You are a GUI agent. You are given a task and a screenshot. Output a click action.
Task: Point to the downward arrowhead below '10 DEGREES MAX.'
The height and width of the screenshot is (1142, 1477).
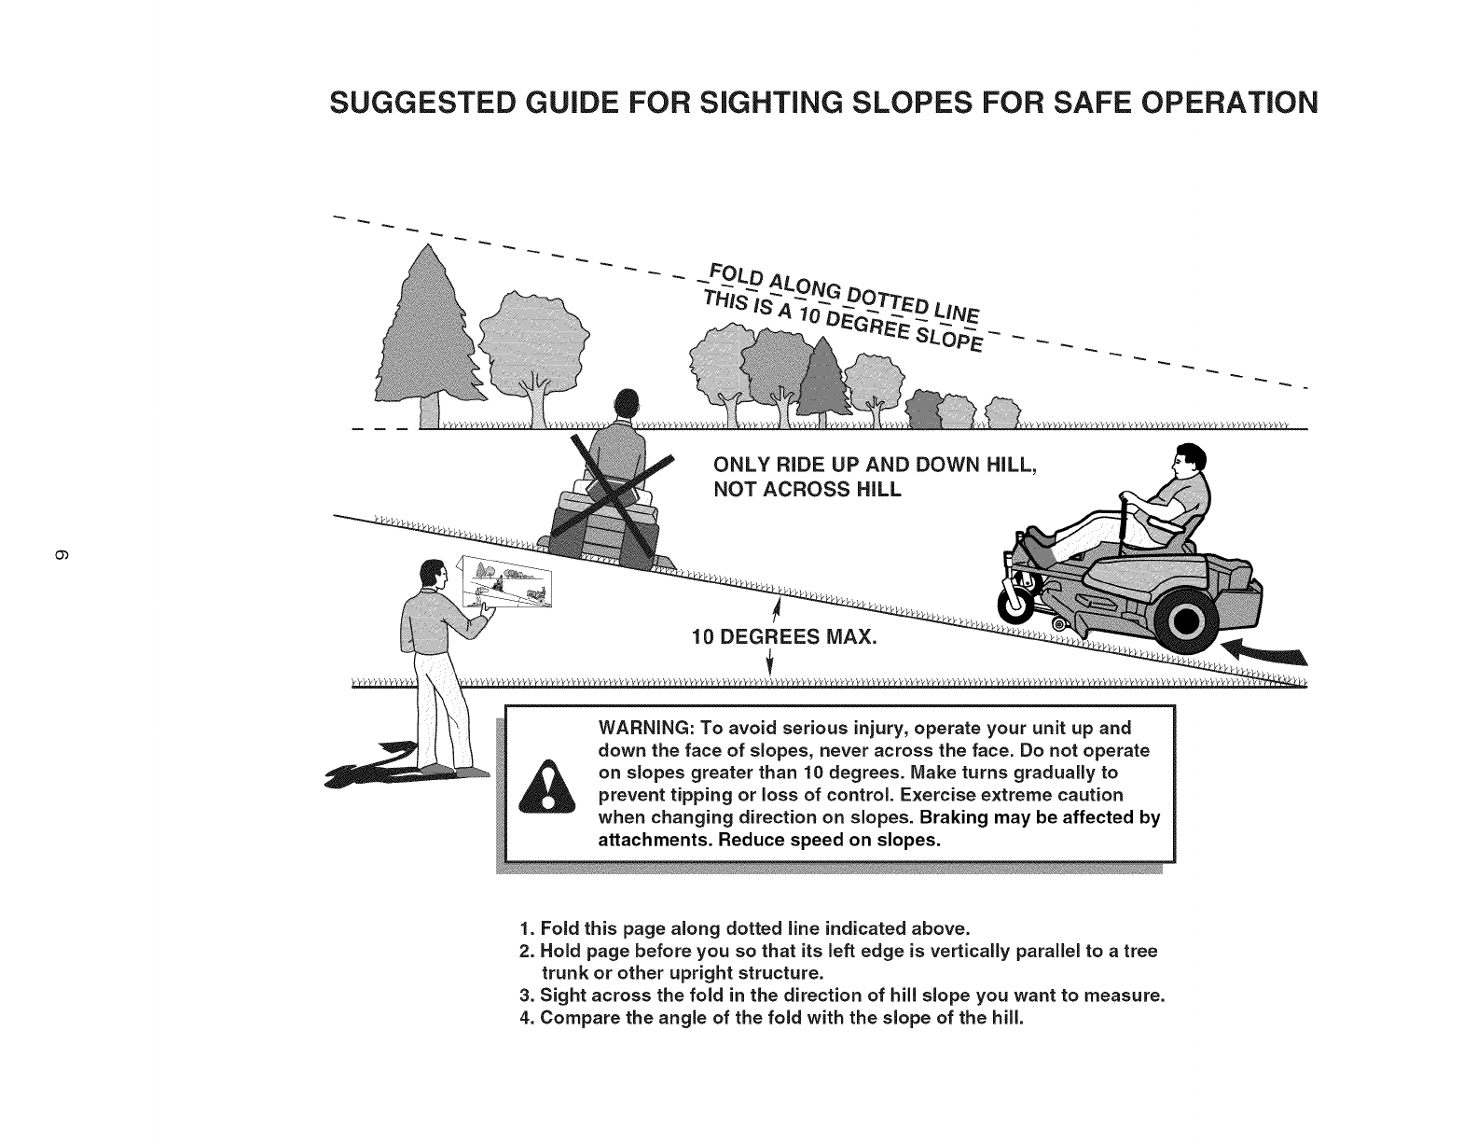770,666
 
